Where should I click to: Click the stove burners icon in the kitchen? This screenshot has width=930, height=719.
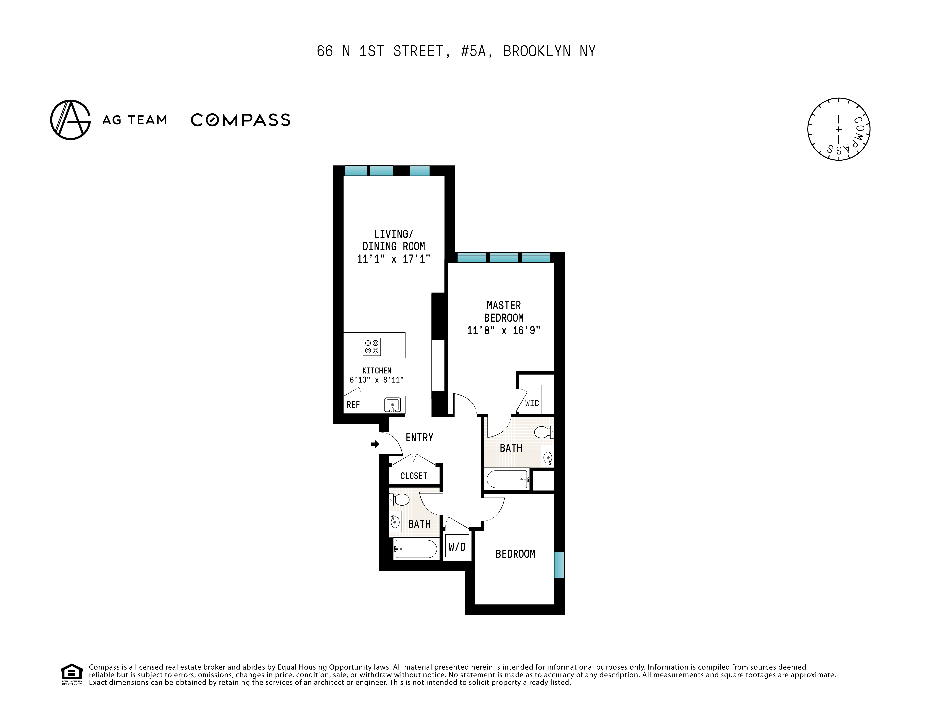coord(371,346)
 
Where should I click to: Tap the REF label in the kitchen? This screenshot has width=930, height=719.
coord(353,405)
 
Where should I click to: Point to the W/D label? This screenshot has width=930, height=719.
coord(457,547)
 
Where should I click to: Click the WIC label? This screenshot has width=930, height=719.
coord(532,403)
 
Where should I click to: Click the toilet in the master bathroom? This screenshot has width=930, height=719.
coord(544,432)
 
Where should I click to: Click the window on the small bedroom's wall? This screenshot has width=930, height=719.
coord(560,565)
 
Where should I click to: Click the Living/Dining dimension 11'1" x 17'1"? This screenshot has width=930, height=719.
coord(394,258)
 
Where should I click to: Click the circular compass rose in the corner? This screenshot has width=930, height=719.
coord(838,129)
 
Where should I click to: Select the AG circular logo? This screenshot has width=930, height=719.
coord(70,120)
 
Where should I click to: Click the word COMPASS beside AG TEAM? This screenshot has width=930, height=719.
coord(240,120)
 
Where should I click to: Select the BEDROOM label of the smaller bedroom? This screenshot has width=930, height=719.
coord(515,554)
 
